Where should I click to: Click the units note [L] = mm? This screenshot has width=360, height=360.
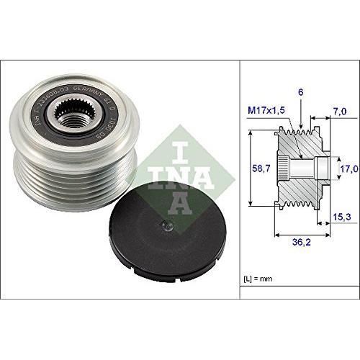pos(258,277)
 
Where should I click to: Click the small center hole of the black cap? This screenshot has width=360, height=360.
pos(165,222)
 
